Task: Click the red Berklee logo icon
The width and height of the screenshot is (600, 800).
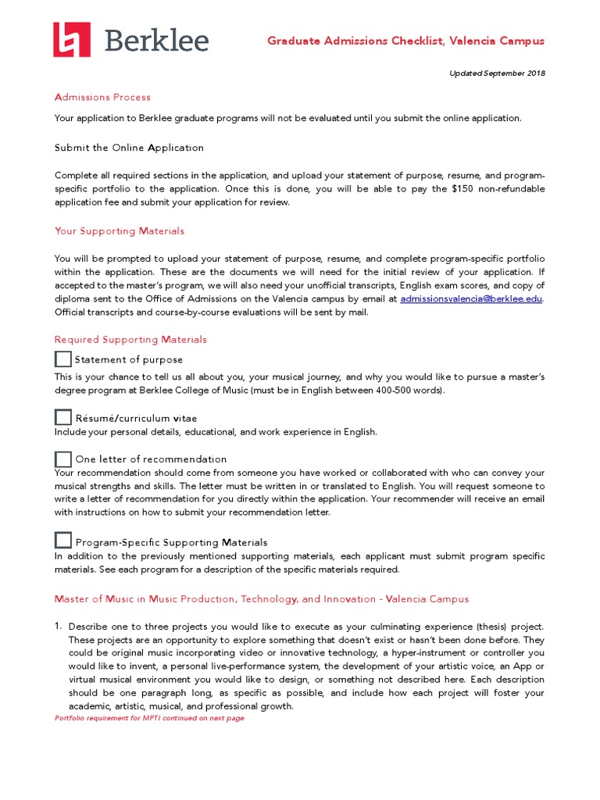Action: pyautogui.click(x=72, y=40)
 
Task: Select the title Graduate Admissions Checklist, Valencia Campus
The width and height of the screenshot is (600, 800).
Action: pyautogui.click(x=406, y=41)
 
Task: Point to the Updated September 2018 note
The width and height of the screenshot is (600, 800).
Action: pyautogui.click(x=497, y=73)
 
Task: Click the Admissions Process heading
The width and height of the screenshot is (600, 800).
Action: pyautogui.click(x=102, y=97)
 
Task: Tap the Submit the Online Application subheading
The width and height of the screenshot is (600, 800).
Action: pyautogui.click(x=129, y=148)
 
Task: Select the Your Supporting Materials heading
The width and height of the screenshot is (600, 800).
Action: pyautogui.click(x=119, y=231)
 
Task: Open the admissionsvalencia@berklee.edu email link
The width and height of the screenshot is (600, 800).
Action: pyautogui.click(x=471, y=299)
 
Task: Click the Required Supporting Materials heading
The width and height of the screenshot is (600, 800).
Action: pyautogui.click(x=130, y=340)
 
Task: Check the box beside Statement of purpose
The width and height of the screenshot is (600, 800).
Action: pyautogui.click(x=62, y=359)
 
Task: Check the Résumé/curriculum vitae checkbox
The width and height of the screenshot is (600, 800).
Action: pyautogui.click(x=62, y=416)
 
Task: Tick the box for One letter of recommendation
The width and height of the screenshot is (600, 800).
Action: pyautogui.click(x=62, y=459)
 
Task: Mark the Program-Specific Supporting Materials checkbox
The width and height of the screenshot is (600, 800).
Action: pyautogui.click(x=62, y=541)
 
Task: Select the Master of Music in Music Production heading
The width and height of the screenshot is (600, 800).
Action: pyautogui.click(x=261, y=599)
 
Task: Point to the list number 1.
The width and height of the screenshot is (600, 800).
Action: pyautogui.click(x=58, y=627)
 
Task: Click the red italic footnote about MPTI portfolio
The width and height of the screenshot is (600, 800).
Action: pyautogui.click(x=148, y=719)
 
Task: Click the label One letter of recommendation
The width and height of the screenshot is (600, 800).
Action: pyautogui.click(x=151, y=459)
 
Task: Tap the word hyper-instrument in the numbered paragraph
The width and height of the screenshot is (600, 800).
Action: pyautogui.click(x=420, y=653)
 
